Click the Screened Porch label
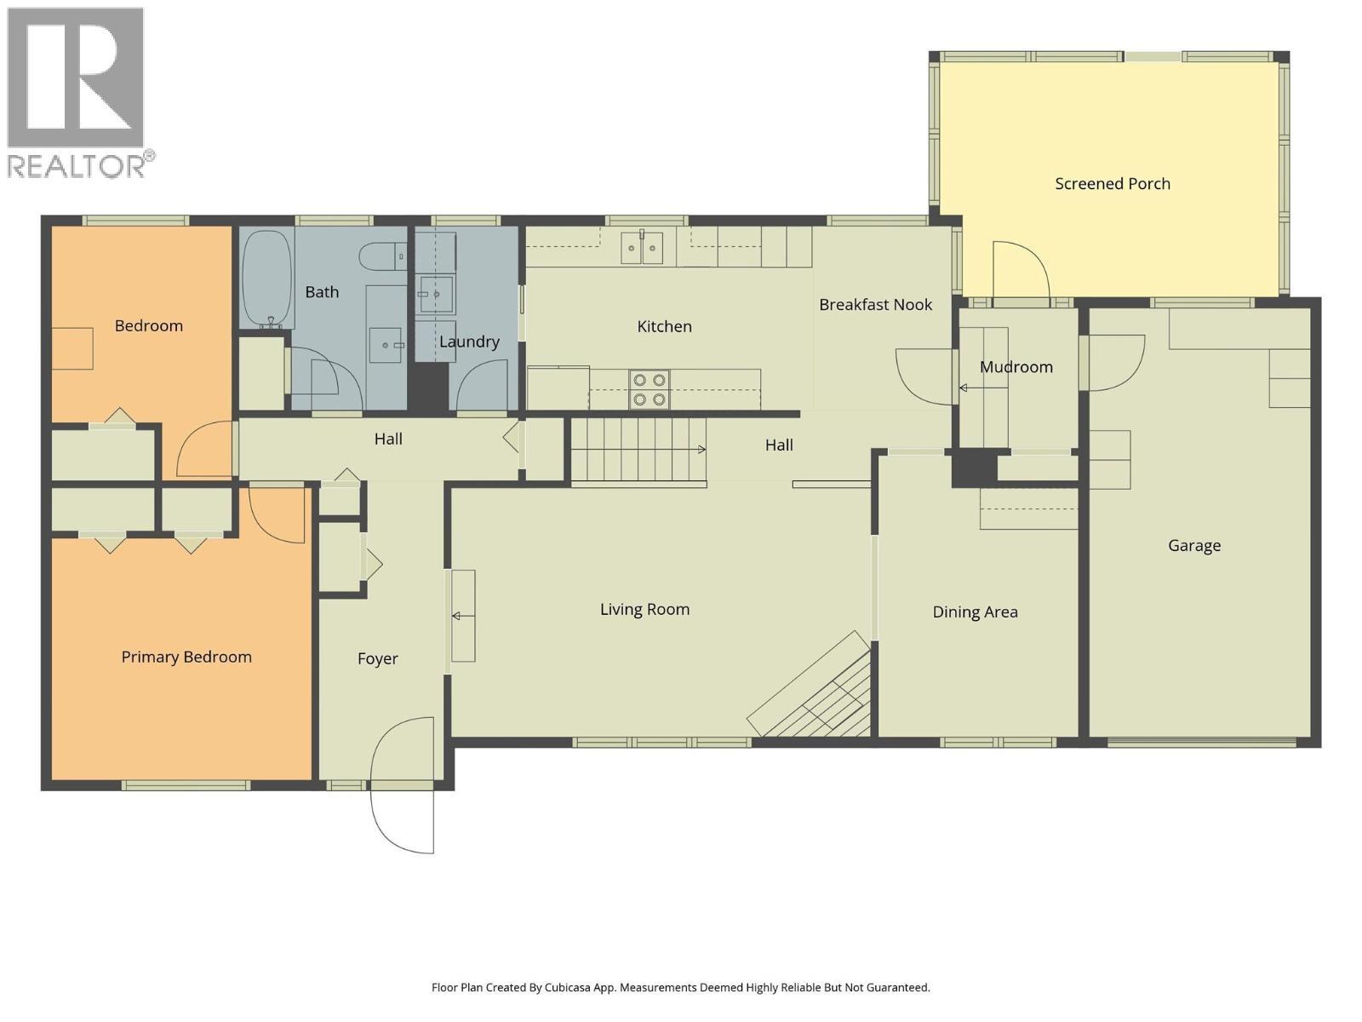[1112, 184]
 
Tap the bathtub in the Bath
[266, 279]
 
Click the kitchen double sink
[642, 248]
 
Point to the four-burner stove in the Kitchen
[649, 389]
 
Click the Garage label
[1193, 546]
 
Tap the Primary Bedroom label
[186, 657]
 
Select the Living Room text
[644, 609]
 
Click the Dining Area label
[975, 612]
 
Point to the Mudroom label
[1016, 367]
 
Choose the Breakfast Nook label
[875, 305]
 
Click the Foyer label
[377, 658]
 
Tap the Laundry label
[469, 342]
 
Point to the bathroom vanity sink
[386, 344]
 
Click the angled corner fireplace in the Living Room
[810, 686]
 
